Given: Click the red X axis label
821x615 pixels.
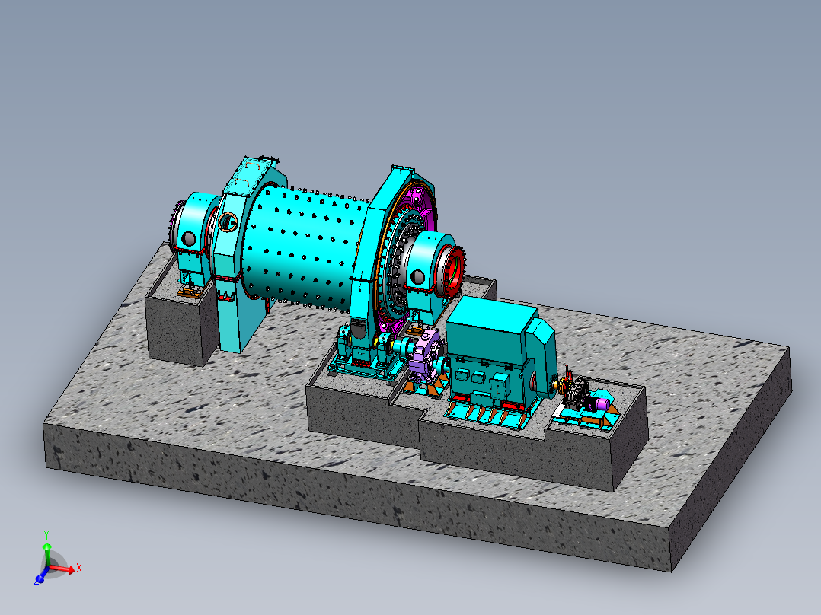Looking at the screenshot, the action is point(79,568).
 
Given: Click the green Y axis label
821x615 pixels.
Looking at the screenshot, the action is point(46,535).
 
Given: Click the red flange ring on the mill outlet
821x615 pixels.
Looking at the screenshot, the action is point(453,272).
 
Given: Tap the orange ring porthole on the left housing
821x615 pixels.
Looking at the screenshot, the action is point(228,222).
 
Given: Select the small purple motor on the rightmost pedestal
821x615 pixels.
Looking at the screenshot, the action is point(602,403).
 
